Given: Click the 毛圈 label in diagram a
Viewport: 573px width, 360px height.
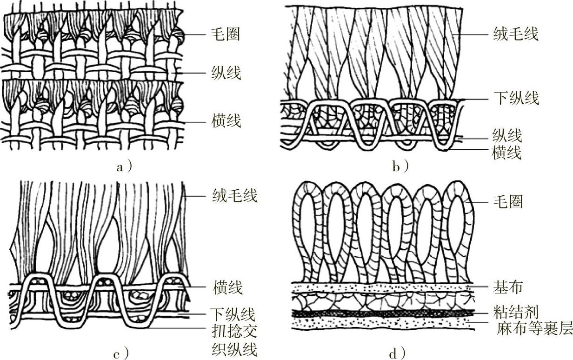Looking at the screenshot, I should (225, 35).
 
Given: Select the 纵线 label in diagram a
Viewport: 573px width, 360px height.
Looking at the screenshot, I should (225, 73).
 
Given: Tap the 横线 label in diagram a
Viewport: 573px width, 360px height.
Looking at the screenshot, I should (225, 122).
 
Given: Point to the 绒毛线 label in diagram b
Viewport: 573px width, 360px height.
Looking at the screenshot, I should (515, 34).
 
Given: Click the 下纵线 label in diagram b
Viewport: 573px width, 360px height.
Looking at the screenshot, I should (515, 99).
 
